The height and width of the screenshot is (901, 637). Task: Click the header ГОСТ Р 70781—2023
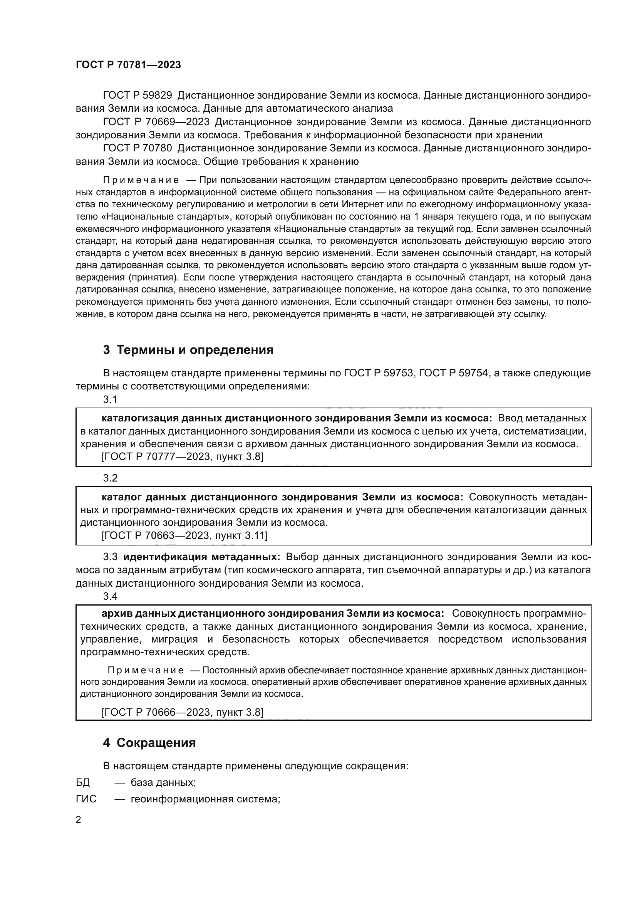[x=128, y=65]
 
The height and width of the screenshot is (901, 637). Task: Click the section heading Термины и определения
[x=188, y=350]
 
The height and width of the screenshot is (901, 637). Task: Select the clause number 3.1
[x=110, y=399]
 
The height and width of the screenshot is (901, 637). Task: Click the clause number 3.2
[x=110, y=478]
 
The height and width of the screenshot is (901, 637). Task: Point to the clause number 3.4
[x=110, y=596]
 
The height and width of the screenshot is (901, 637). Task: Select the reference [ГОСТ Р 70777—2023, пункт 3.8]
[x=183, y=457]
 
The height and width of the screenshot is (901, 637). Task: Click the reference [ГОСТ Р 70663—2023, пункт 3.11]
[x=184, y=535]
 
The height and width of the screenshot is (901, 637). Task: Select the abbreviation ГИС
[x=86, y=799]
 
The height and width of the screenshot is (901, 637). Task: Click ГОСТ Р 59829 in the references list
[x=137, y=96]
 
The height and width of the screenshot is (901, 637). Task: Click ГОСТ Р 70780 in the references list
[x=137, y=148]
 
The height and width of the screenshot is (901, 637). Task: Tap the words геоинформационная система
[x=205, y=799]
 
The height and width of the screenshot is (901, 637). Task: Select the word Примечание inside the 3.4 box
[x=145, y=670]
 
